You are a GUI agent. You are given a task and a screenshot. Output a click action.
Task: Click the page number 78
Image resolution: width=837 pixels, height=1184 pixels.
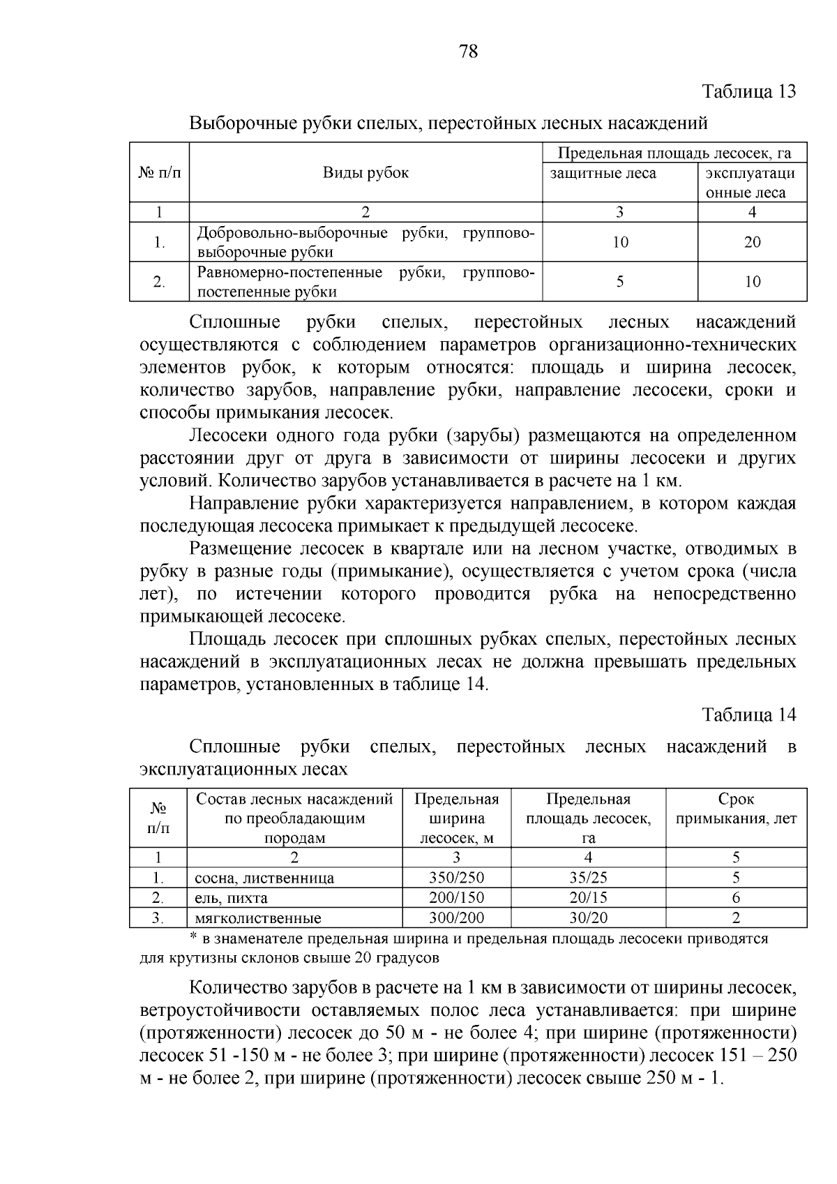(x=468, y=51)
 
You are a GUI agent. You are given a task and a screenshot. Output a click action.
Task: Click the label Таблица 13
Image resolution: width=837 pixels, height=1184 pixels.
(x=748, y=91)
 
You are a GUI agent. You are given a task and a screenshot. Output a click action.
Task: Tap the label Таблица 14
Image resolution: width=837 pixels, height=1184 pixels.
(x=748, y=714)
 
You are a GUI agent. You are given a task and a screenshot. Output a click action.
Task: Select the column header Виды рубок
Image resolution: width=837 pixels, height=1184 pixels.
(x=365, y=173)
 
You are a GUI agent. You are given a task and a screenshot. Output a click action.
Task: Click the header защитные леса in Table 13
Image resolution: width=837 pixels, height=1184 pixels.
(x=603, y=173)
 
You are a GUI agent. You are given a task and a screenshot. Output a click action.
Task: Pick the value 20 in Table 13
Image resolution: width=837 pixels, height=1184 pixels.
(x=752, y=242)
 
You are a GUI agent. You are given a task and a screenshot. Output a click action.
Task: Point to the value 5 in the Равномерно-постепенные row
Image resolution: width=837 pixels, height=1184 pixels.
(x=619, y=281)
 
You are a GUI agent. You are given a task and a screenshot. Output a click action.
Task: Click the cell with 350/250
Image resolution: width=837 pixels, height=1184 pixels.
(x=456, y=878)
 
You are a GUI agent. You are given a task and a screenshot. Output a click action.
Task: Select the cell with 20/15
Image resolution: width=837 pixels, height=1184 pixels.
(x=588, y=898)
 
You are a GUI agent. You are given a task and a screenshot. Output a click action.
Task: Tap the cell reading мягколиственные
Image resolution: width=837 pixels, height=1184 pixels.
(x=258, y=918)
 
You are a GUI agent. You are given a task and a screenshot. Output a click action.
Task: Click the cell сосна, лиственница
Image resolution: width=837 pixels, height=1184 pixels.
(x=264, y=878)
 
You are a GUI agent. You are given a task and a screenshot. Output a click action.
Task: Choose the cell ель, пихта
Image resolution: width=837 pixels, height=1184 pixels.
(x=231, y=899)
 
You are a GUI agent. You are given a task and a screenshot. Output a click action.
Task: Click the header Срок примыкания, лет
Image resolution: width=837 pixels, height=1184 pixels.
(x=736, y=809)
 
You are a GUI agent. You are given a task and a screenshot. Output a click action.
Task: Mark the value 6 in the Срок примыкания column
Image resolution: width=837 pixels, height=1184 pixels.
(x=736, y=898)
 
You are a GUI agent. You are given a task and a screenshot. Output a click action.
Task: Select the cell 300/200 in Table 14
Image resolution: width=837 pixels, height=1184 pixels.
(x=456, y=918)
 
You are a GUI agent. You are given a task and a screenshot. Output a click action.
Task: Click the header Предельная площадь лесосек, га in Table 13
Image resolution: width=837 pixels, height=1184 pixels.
(x=674, y=153)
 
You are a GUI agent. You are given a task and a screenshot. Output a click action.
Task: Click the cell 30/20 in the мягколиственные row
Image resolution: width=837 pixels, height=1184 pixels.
(x=588, y=918)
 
